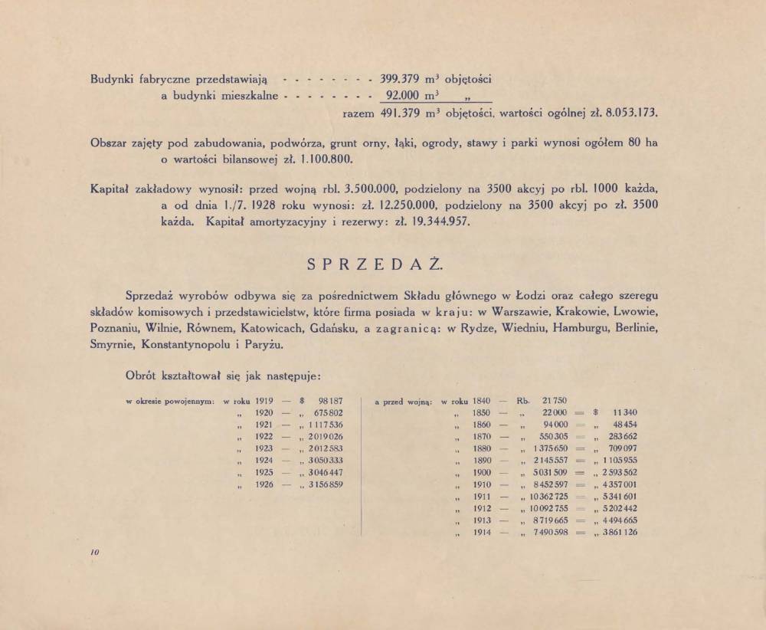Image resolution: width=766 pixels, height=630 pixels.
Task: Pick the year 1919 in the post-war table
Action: pyautogui.click(x=264, y=401)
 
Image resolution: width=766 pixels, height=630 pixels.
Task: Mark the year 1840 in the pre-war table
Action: pyautogui.click(x=480, y=401)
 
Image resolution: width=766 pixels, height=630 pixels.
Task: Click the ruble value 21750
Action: pyautogui.click(x=554, y=401)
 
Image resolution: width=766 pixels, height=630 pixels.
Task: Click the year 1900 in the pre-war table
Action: pyautogui.click(x=483, y=473)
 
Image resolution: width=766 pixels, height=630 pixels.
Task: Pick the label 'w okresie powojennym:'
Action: pyautogui.click(x=169, y=401)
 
